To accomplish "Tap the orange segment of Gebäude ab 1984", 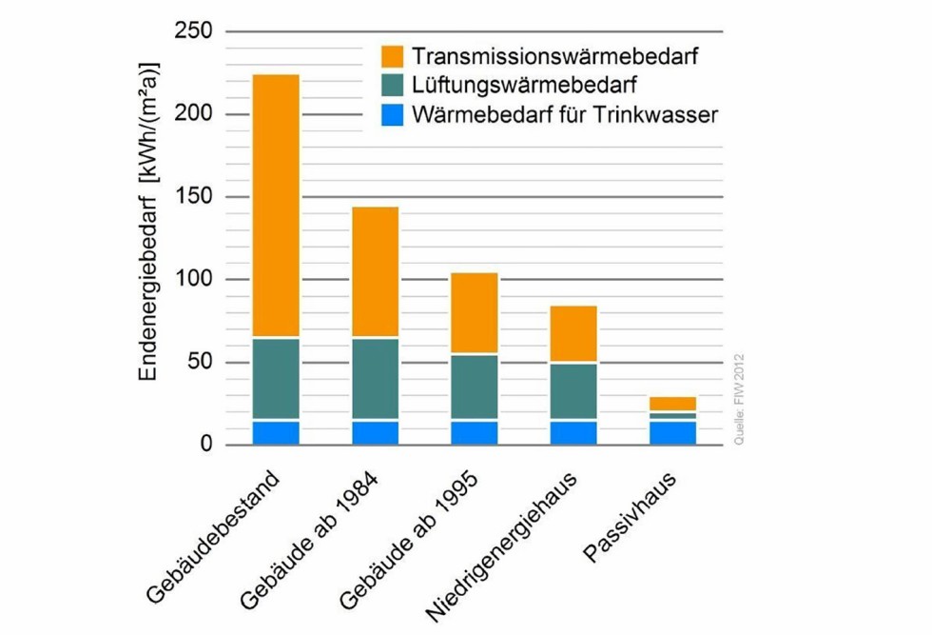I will tap(375, 272).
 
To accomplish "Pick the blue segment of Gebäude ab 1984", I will tap(375, 433).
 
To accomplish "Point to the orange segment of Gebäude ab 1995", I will tap(475, 313).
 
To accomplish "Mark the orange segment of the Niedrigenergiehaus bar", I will tap(573, 334).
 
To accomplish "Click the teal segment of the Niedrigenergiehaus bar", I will tap(573, 391).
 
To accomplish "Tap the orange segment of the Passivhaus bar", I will tap(673, 404).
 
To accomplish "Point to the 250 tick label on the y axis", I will tap(194, 31).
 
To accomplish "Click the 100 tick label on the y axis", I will tap(194, 280).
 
